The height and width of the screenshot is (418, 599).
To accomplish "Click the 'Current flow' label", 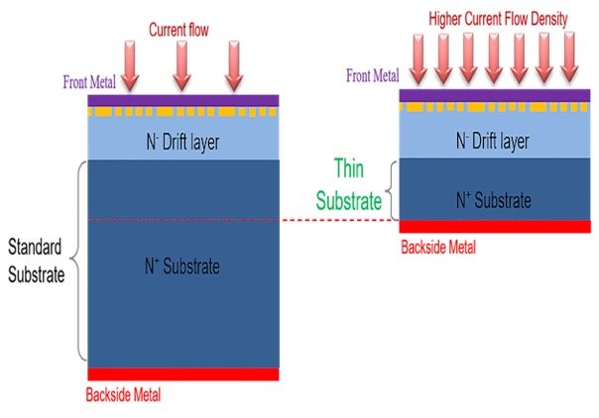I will point(178,31).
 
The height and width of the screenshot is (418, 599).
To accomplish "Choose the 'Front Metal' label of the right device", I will point(373,75).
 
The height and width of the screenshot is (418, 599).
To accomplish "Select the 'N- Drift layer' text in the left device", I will point(182,143).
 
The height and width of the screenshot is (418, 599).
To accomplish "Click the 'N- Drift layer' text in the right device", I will point(494,142).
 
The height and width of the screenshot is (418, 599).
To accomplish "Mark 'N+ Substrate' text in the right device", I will point(493,201).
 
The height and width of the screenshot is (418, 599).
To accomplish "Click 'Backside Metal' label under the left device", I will point(124,394).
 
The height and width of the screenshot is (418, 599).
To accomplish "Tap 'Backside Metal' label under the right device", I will point(437,246).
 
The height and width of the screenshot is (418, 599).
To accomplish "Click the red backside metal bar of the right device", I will point(493,227).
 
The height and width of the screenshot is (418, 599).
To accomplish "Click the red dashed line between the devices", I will point(337,220).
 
